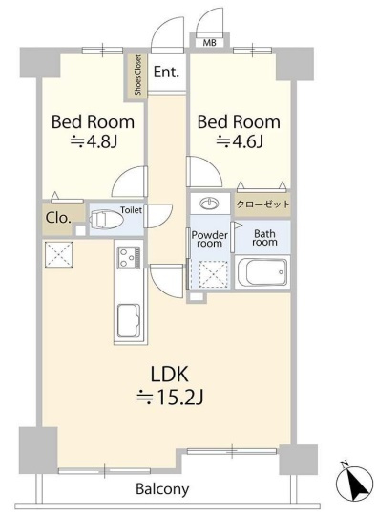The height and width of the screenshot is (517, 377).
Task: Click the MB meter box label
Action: [209, 43]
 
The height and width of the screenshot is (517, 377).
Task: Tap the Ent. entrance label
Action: [167, 72]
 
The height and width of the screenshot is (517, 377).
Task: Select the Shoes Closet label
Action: [138, 75]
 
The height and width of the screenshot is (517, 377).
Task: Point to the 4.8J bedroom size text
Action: [94, 142]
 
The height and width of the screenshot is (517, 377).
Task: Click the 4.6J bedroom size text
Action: [240, 142]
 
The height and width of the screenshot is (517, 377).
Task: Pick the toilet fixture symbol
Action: [106, 220]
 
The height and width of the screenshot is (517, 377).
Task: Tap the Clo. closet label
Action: [58, 218]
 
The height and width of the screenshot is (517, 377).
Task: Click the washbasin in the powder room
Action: [209, 205]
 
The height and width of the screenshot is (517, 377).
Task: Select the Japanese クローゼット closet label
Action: [263, 205]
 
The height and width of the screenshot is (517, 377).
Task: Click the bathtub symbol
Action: [262, 272]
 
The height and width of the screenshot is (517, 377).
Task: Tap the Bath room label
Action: [264, 238]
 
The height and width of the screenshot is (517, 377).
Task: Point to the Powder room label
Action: [209, 239]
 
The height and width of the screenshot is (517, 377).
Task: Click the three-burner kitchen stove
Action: [129, 257]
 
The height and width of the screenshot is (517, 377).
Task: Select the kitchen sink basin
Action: [129, 320]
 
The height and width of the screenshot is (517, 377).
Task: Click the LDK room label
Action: [169, 375]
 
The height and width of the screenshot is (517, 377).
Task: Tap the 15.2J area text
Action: [170, 398]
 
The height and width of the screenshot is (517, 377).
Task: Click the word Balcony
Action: [162, 489]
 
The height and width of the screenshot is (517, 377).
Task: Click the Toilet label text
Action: [131, 210]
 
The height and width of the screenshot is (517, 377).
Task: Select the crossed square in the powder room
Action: [214, 273]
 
